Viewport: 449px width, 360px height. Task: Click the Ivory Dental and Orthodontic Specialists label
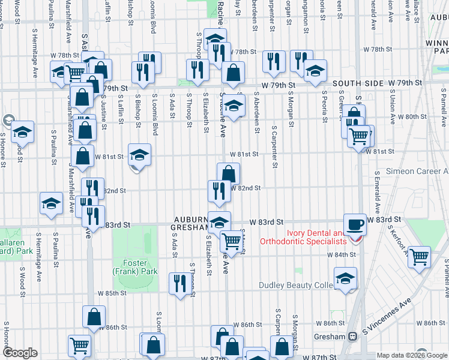(x=303, y=237)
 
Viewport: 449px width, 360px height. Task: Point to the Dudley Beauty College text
(x=296, y=285)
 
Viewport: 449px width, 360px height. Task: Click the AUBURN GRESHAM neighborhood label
(x=191, y=224)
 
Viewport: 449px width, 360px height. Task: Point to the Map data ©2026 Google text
(x=412, y=355)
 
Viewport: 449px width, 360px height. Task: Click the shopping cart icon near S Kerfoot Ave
(x=420, y=257)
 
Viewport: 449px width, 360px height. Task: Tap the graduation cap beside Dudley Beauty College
(x=345, y=278)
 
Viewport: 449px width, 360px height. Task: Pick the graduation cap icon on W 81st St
(x=139, y=155)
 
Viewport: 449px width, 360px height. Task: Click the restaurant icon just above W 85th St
(x=178, y=284)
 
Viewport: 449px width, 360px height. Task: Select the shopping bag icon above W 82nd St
(x=228, y=174)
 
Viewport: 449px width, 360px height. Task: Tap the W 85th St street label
(x=110, y=293)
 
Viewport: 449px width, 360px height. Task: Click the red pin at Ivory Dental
(x=356, y=238)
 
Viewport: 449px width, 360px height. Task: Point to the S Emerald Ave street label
(x=377, y=192)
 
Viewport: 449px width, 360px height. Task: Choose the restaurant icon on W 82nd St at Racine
(x=218, y=191)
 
